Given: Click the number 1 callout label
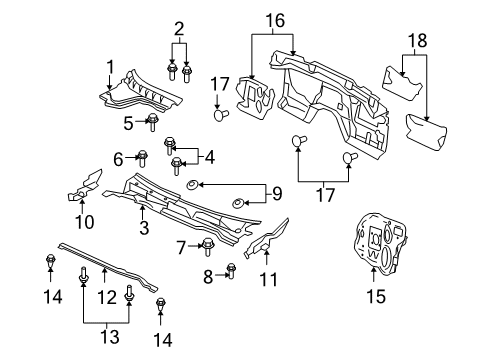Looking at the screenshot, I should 111,66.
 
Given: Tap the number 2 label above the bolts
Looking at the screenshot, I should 178,28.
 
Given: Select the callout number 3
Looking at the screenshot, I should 143,230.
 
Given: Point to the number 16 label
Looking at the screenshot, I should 272,18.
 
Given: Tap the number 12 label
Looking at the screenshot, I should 103,297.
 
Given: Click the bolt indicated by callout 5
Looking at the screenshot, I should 153,123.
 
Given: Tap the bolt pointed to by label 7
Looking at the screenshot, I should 207,246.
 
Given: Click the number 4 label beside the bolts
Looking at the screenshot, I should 209,157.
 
